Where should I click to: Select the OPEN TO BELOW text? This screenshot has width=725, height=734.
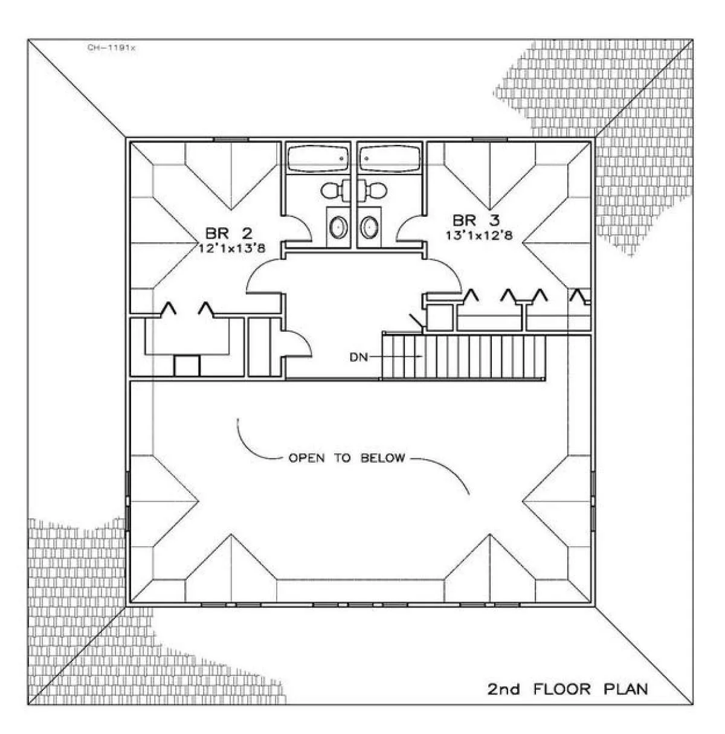click(x=346, y=458)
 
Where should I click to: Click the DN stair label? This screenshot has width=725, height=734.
click(x=358, y=356)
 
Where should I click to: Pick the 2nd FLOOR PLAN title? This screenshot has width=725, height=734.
click(x=567, y=689)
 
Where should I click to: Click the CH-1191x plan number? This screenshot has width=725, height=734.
click(x=112, y=47)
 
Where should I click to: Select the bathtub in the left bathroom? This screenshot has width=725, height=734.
click(x=318, y=159)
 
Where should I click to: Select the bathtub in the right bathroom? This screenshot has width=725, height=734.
click(x=390, y=159)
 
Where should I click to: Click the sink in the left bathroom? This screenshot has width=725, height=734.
click(x=338, y=228)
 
